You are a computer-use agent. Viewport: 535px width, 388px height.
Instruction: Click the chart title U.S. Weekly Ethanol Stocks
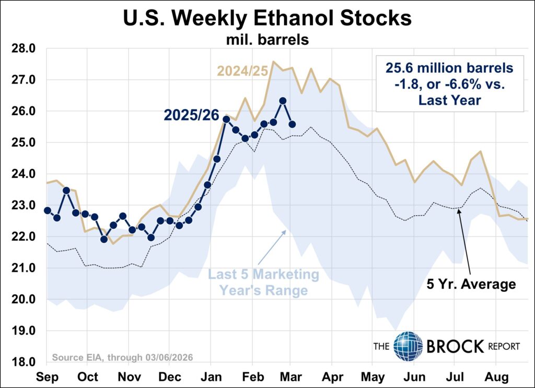tap(267, 19)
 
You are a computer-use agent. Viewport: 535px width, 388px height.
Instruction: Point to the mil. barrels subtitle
tap(267, 39)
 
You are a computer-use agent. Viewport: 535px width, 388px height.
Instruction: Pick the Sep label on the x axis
tap(47, 376)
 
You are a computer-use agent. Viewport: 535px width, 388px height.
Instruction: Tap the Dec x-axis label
tap(169, 376)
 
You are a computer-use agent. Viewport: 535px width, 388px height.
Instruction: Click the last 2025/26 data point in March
tap(292, 124)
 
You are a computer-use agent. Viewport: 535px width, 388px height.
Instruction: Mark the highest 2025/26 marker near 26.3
tap(282, 101)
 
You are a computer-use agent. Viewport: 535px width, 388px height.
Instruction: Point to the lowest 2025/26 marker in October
tap(103, 239)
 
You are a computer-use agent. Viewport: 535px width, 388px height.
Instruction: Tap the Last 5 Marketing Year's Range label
tap(264, 282)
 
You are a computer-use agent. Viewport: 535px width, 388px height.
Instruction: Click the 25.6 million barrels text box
tap(450, 83)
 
